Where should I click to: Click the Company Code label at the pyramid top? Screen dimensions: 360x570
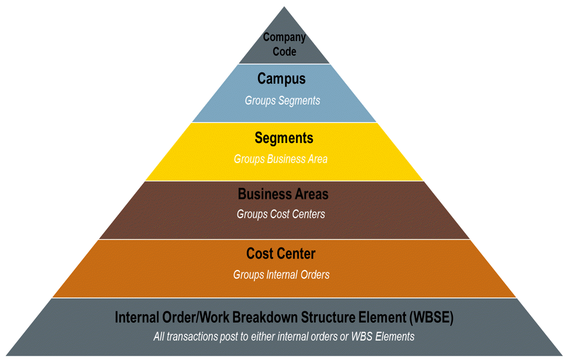[284, 44]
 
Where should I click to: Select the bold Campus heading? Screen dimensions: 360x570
[282, 79]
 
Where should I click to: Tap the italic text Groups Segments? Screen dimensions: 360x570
[282, 100]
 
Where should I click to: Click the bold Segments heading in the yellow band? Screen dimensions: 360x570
[284, 138]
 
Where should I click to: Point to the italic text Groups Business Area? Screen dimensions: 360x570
[281, 159]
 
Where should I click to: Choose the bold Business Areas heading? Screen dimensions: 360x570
[283, 194]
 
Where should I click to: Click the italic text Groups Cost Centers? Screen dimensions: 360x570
[281, 214]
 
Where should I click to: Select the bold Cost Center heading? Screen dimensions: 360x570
[281, 254]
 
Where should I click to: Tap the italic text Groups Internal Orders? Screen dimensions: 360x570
[281, 274]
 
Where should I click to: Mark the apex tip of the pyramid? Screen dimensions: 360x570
[284, 8]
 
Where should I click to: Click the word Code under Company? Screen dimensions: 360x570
[284, 52]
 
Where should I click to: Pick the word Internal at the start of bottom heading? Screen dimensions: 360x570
[135, 317]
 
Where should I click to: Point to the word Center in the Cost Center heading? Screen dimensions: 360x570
[297, 254]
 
